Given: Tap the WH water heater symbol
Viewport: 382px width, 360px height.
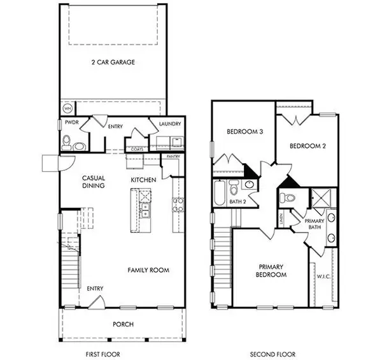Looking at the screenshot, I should [x=67, y=107].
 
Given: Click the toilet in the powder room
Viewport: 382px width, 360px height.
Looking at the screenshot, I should [x=67, y=142].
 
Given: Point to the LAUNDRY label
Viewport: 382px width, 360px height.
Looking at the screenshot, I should [x=169, y=124].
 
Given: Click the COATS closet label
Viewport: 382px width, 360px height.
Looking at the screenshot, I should [x=137, y=150].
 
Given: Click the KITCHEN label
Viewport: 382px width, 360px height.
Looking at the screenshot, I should [x=143, y=180].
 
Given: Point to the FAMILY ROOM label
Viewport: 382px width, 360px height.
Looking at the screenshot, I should [x=148, y=270].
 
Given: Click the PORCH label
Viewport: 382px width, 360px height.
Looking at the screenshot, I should [x=122, y=324].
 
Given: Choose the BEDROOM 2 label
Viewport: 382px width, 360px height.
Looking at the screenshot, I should [x=308, y=146].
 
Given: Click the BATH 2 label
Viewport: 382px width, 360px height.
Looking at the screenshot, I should [x=237, y=201].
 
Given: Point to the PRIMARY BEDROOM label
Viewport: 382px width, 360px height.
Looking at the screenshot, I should [x=272, y=270].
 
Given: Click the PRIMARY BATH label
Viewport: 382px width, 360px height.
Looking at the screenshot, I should [x=316, y=223].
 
